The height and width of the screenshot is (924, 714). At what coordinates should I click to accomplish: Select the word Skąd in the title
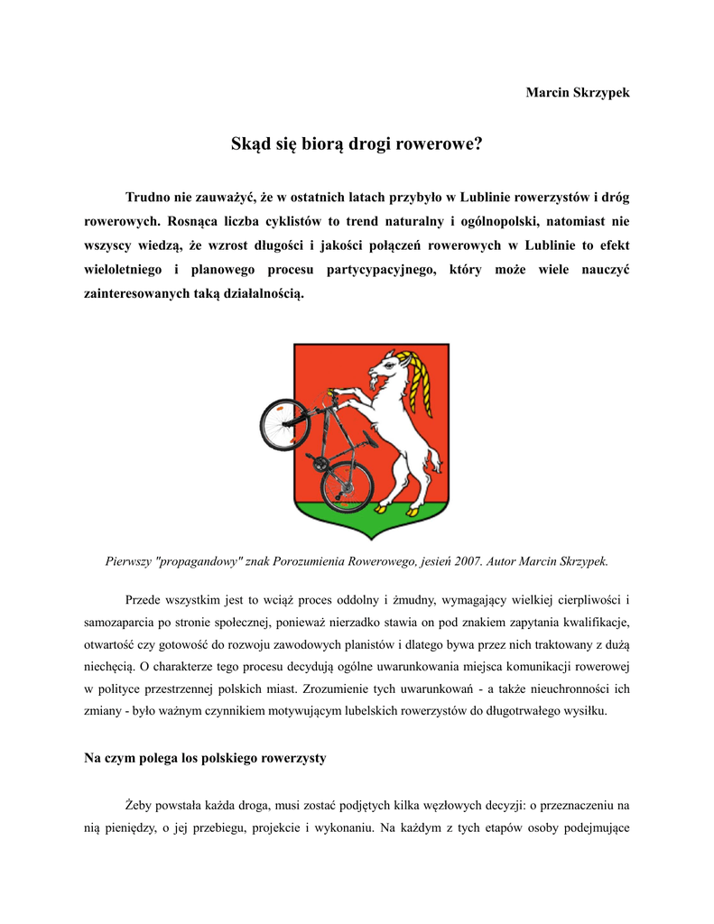click(252, 144)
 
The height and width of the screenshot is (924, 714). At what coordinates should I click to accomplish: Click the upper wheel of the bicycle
click(284, 423)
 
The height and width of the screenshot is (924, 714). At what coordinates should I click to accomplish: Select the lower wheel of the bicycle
click(347, 485)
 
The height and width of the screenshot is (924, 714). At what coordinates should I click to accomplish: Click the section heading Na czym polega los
click(205, 758)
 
